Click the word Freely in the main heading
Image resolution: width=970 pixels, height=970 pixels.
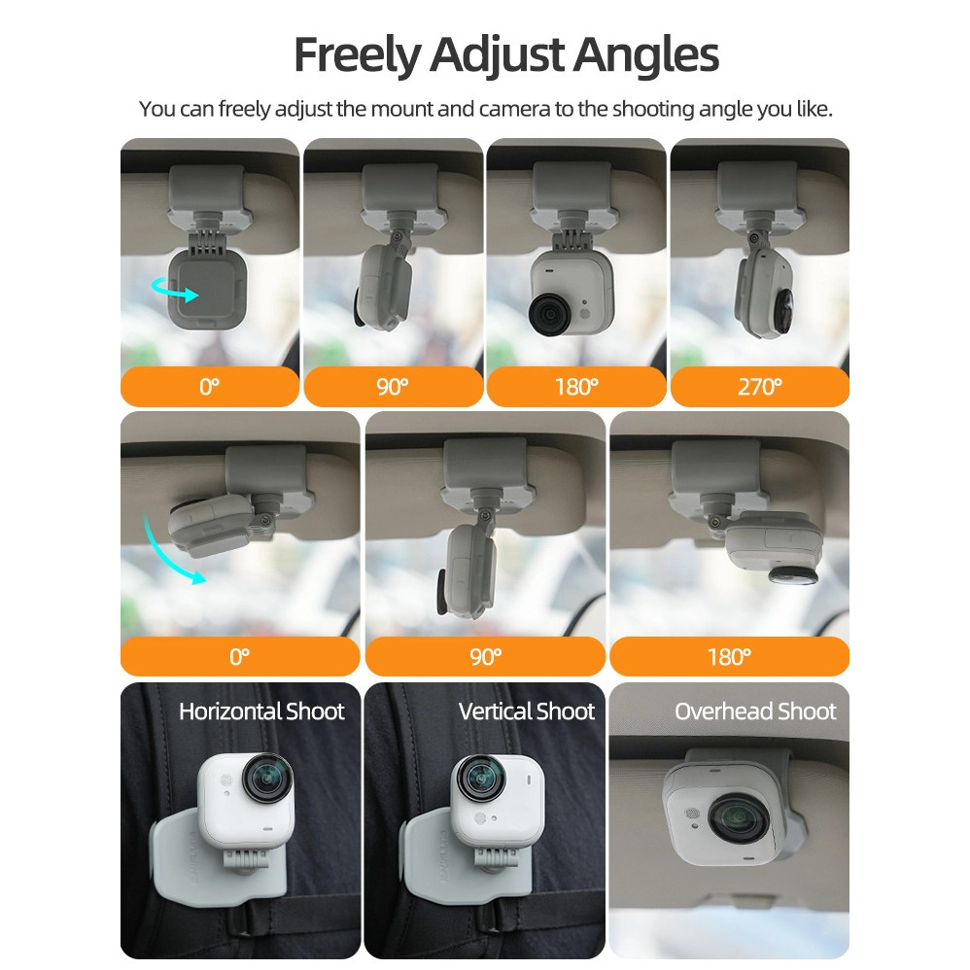tap(357, 55)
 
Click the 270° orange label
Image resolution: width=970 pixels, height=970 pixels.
tap(760, 387)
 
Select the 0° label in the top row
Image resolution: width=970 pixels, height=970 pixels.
tap(210, 387)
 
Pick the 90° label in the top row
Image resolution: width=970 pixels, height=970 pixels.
tap(393, 387)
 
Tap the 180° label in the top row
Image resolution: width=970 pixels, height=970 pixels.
tap(576, 387)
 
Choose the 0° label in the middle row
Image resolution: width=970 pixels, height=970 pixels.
tap(240, 656)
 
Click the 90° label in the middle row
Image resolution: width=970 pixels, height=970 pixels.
tap(485, 656)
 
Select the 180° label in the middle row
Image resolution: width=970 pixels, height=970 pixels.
tap(729, 656)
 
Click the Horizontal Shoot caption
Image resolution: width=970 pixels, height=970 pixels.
tap(261, 711)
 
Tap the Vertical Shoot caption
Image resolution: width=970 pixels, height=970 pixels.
tap(527, 711)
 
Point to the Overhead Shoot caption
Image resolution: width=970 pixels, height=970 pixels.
tap(755, 711)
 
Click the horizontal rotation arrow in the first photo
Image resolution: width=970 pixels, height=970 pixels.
tap(174, 290)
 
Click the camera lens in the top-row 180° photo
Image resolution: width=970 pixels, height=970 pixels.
tap(549, 314)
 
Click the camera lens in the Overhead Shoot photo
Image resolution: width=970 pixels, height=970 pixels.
tap(738, 820)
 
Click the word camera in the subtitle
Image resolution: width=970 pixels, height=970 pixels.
tap(514, 110)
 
